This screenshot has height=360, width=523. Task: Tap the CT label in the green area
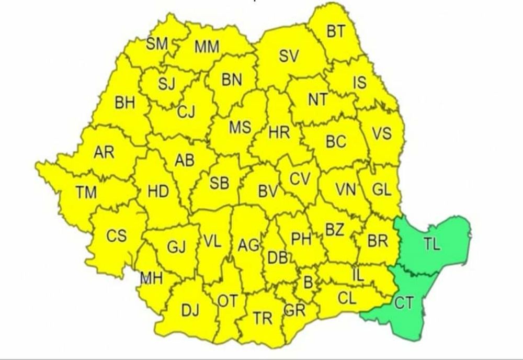(x=403, y=303)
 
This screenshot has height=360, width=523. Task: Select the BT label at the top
(x=336, y=31)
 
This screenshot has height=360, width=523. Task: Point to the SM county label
(x=156, y=44)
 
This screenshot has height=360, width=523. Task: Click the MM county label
(x=207, y=47)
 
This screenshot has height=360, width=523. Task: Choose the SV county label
(x=289, y=56)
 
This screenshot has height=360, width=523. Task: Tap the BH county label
(x=124, y=103)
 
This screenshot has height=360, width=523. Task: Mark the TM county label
(x=86, y=193)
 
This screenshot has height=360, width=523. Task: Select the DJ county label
(x=190, y=311)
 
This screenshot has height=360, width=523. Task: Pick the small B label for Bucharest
(x=309, y=283)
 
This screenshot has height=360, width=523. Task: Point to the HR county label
(x=279, y=132)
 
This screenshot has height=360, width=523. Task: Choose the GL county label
(x=381, y=190)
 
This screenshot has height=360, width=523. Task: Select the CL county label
(x=347, y=299)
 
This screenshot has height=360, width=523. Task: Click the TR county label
(x=263, y=318)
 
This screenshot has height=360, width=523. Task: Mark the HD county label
(x=158, y=192)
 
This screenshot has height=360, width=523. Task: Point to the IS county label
(x=360, y=82)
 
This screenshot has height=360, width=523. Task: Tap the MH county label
(x=151, y=278)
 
